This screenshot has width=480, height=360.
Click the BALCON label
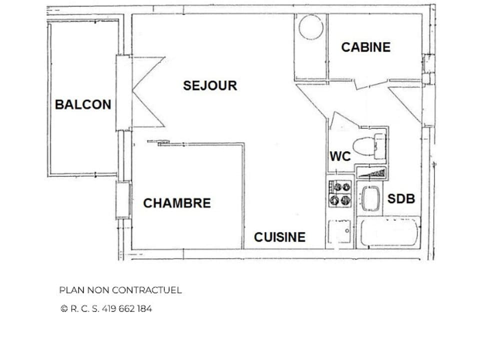pos(83,104)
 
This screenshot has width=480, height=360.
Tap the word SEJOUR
pos(209,85)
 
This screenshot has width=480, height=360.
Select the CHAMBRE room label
pos(177,203)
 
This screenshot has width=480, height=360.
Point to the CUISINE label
pos(279,237)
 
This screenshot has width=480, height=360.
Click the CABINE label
pos(365,47)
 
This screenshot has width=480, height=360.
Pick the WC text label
pos(340,156)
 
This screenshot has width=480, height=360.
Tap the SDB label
pos(401,198)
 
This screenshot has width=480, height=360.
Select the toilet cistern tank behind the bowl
pos(379,146)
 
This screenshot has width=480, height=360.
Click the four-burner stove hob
pos(340,193)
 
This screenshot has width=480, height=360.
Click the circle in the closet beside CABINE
pos(310,27)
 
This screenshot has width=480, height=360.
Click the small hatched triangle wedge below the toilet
pos(372,173)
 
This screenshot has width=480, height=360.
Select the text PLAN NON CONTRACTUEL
pos(120,290)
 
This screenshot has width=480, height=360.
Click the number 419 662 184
pos(126,308)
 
